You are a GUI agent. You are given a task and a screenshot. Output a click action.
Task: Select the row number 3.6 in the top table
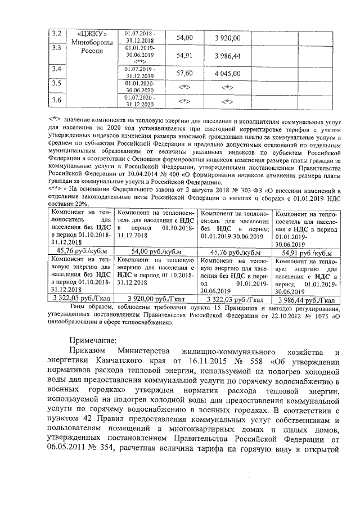coord(56,100)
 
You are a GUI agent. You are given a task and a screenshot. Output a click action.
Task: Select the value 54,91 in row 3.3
coord(184,56)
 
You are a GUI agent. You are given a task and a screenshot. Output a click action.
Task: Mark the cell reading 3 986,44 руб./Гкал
coord(305,300)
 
